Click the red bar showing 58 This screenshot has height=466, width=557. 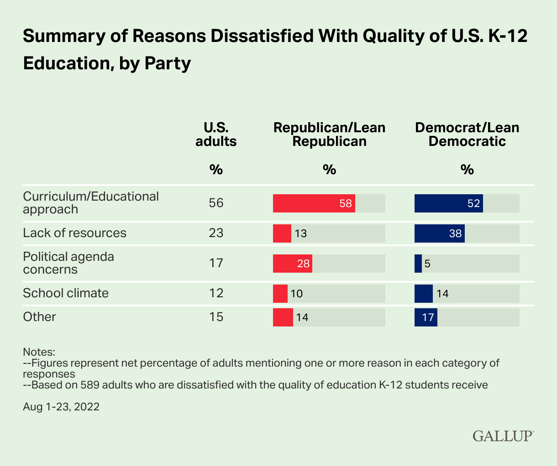pyautogui.click(x=314, y=203)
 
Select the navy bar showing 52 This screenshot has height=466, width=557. pyautogui.click(x=448, y=203)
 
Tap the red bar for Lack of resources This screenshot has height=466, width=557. pyautogui.click(x=282, y=233)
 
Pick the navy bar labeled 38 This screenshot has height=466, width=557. pyautogui.click(x=439, y=233)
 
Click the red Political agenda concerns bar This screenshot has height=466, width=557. pyautogui.click(x=292, y=264)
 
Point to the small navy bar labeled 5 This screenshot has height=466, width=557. pyautogui.click(x=418, y=264)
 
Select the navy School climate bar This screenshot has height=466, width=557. pyautogui.click(x=423, y=294)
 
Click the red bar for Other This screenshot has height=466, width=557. pyautogui.click(x=283, y=317)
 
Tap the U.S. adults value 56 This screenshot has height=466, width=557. pyautogui.click(x=216, y=203)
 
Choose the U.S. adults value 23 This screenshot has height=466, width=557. pyautogui.click(x=216, y=233)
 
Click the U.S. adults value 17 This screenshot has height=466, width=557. pyautogui.click(x=216, y=263)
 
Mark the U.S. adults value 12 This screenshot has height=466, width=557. pyautogui.click(x=216, y=293)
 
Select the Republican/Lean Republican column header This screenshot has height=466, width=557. pyautogui.click(x=329, y=135)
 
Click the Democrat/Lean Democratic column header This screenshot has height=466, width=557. pyautogui.click(x=467, y=135)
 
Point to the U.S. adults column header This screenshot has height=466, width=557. pyautogui.click(x=216, y=135)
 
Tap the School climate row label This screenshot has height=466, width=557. pyautogui.click(x=66, y=293)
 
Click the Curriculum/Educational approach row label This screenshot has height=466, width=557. pyautogui.click(x=90, y=203)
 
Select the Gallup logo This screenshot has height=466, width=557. pyautogui.click(x=503, y=435)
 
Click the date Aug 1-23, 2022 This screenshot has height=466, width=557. pyautogui.click(x=61, y=407)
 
